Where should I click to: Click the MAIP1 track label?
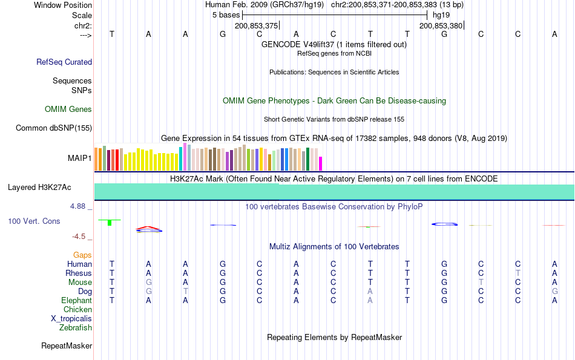click(80, 159)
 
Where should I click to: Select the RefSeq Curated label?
click(64, 62)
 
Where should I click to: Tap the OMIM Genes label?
click(68, 110)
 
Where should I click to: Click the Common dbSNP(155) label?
click(54, 128)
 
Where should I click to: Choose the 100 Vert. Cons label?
click(34, 221)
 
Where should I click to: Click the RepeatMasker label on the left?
click(67, 346)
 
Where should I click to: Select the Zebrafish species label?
click(76, 328)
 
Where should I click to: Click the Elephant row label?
click(76, 301)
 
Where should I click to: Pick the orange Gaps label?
click(82, 255)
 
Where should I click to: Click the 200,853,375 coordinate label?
click(256, 25)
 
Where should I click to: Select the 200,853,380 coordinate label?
click(441, 25)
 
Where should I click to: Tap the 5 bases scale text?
click(226, 15)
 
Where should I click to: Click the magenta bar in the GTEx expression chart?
click(321, 163)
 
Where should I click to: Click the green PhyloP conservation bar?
click(110, 223)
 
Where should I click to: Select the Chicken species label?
click(78, 310)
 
